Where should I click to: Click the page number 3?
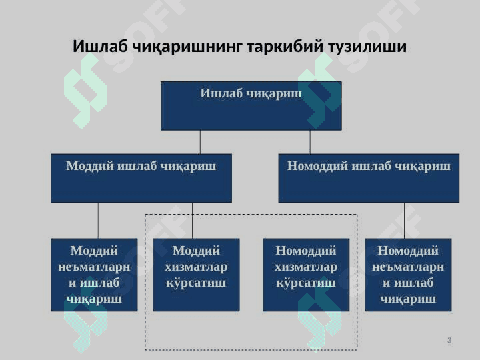(x=449, y=341)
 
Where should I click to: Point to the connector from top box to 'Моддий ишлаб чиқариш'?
(x=200, y=142)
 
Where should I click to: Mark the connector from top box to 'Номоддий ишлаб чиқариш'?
(x=310, y=142)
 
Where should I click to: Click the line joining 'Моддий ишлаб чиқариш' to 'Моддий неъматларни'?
(x=98, y=220)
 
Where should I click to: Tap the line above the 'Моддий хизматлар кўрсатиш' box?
(x=192, y=220)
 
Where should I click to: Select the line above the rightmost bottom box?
(x=404, y=220)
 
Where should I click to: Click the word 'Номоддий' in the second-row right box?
(x=313, y=166)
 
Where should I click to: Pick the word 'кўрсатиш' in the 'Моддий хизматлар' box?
(x=196, y=283)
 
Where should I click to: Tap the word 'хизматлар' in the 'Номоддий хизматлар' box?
(x=306, y=267)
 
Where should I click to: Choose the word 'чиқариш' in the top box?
(x=275, y=93)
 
